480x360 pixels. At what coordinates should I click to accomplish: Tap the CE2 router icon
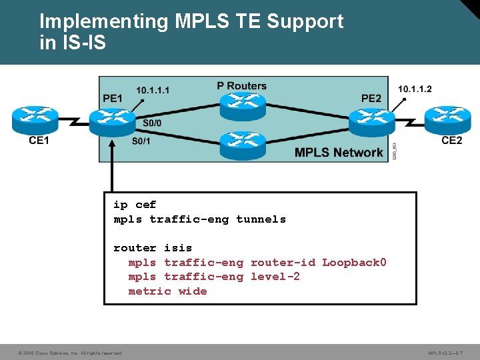pos(448,119)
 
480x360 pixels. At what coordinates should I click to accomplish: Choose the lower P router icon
pos(243,144)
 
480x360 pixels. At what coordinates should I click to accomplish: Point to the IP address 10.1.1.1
pos(153,90)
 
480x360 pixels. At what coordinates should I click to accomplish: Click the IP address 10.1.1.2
pos(415,89)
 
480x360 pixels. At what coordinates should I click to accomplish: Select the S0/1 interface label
pos(141,141)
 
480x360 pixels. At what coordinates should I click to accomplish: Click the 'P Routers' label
pos(241,85)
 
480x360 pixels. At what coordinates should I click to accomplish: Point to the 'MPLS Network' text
pos(339,152)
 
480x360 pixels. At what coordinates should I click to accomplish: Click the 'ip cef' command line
pos(135,205)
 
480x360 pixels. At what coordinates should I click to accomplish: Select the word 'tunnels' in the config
pos(261,219)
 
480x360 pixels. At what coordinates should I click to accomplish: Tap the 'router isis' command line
pos(153,248)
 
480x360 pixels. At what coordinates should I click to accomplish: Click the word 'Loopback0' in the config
pos(354,262)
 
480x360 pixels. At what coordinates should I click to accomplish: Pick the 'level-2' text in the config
pos(275,277)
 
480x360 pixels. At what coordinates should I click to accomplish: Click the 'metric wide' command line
pos(167,291)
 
